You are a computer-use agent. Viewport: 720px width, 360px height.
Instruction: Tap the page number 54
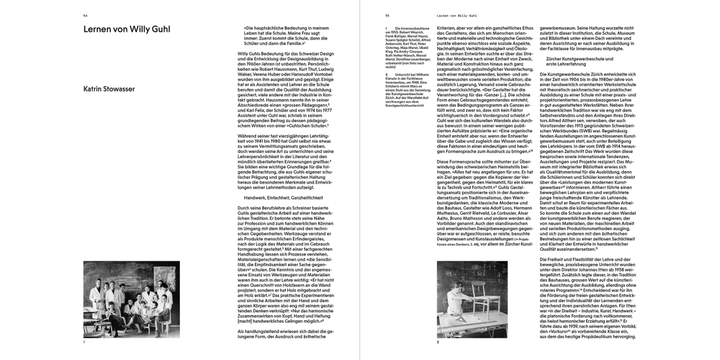pyautogui.click(x=85, y=15)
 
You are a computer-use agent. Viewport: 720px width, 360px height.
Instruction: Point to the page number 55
pyautogui.click(x=387, y=15)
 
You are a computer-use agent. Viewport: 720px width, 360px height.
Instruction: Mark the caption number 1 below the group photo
pyautogui.click(x=84, y=342)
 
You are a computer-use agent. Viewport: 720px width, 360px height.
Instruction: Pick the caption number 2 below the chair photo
pyautogui.click(x=438, y=342)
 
